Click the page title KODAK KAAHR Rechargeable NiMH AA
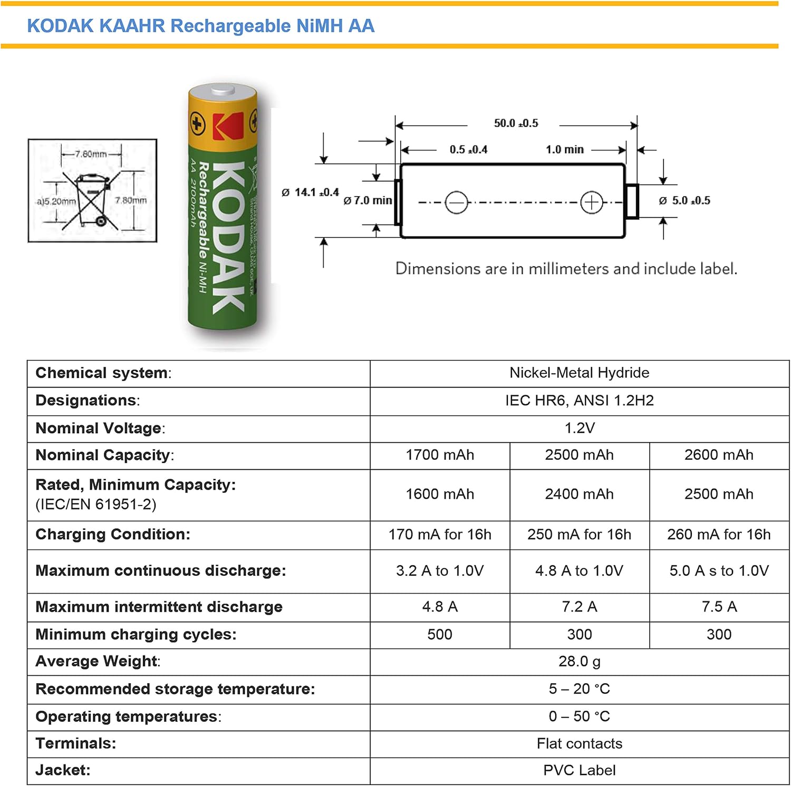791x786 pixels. [200, 26]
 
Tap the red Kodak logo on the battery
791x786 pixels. [228, 126]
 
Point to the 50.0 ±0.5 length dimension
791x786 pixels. [516, 123]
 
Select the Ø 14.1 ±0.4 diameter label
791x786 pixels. [311, 192]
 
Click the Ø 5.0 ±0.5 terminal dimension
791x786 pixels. [685, 201]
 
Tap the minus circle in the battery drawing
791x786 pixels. [456, 202]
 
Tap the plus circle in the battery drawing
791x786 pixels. [591, 202]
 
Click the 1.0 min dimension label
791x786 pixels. [565, 150]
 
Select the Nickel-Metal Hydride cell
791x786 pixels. [579, 373]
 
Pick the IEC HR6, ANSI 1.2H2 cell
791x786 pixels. [579, 401]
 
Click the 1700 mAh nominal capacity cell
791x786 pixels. [440, 455]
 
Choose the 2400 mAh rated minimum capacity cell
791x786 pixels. [579, 494]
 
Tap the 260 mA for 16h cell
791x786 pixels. [719, 535]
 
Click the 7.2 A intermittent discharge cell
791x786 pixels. [579, 607]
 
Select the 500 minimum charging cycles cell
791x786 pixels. [440, 635]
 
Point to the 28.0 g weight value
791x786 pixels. [579, 662]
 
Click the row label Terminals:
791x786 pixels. [76, 743]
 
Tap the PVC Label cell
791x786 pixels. [579, 771]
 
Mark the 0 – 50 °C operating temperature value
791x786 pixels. [579, 716]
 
